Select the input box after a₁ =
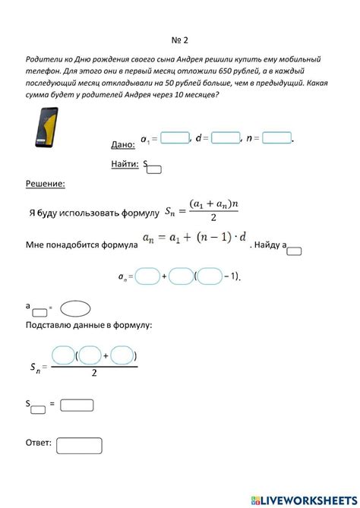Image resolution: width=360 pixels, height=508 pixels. coord(175,138)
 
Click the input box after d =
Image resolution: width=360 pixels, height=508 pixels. coord(226,138)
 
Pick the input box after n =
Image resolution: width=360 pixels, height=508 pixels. coord(277,138)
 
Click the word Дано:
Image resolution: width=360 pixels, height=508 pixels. coord(122,144)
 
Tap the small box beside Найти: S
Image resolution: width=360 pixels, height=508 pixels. coord(153,169)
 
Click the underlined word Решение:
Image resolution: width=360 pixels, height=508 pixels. coord(46,184)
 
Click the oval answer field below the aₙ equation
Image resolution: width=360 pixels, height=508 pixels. coord(75,308)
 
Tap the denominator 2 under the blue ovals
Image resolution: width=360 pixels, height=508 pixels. coord(93,374)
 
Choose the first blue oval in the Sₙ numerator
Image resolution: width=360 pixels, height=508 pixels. coord(63,355)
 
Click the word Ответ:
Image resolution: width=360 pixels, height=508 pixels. coord(39,442)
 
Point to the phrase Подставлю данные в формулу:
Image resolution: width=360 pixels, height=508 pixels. coord(89,325)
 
